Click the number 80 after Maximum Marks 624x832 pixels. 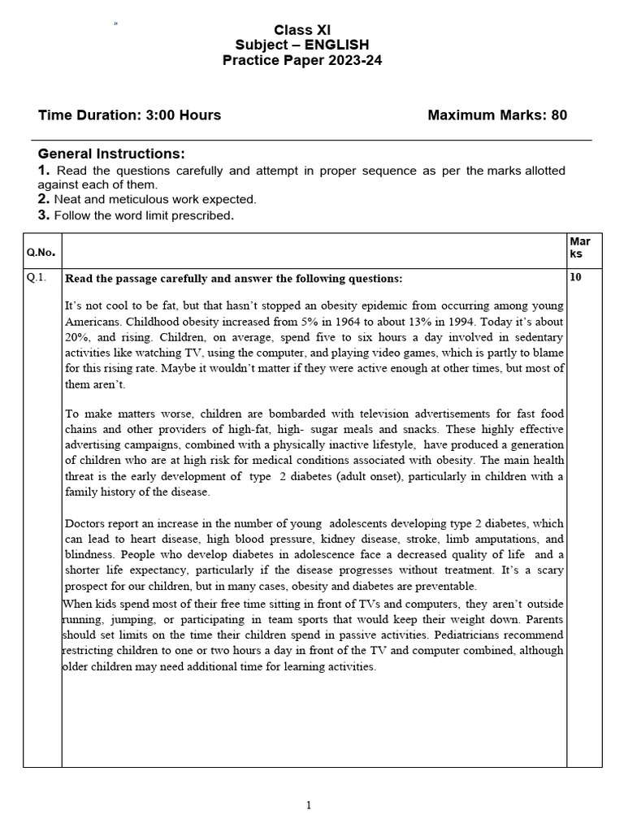(558, 115)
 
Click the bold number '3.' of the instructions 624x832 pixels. (44, 215)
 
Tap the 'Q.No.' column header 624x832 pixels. (40, 253)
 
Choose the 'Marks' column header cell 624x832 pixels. (580, 248)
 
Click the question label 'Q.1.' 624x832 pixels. (37, 277)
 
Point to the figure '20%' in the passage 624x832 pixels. (77, 336)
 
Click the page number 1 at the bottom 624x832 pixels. (309, 805)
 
